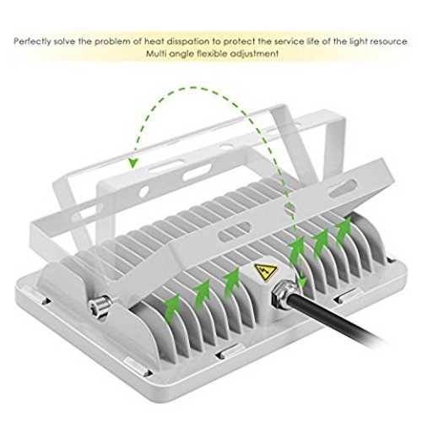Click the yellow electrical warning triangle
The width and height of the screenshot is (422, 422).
pyautogui.click(x=266, y=272)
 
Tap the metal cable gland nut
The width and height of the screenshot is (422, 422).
pyautogui.click(x=284, y=296)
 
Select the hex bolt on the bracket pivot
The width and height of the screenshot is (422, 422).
pyautogui.click(x=100, y=306)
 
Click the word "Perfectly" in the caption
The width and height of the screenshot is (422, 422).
pyautogui.click(x=32, y=41)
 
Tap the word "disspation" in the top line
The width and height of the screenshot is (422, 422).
pyautogui.click(x=188, y=41)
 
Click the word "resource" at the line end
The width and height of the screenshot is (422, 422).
pyautogui.click(x=388, y=41)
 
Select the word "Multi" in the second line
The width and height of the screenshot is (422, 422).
pyautogui.click(x=156, y=53)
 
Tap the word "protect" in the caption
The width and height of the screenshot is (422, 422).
pyautogui.click(x=239, y=42)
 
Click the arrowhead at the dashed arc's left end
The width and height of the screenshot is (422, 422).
pyautogui.click(x=133, y=163)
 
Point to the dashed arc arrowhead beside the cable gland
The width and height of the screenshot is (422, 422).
pyautogui.click(x=302, y=282)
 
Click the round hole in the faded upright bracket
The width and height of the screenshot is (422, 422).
pyautogui.click(x=143, y=192)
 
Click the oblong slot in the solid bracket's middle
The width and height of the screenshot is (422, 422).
pyautogui.click(x=235, y=231)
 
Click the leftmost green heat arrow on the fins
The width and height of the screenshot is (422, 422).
pyautogui.click(x=172, y=306)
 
